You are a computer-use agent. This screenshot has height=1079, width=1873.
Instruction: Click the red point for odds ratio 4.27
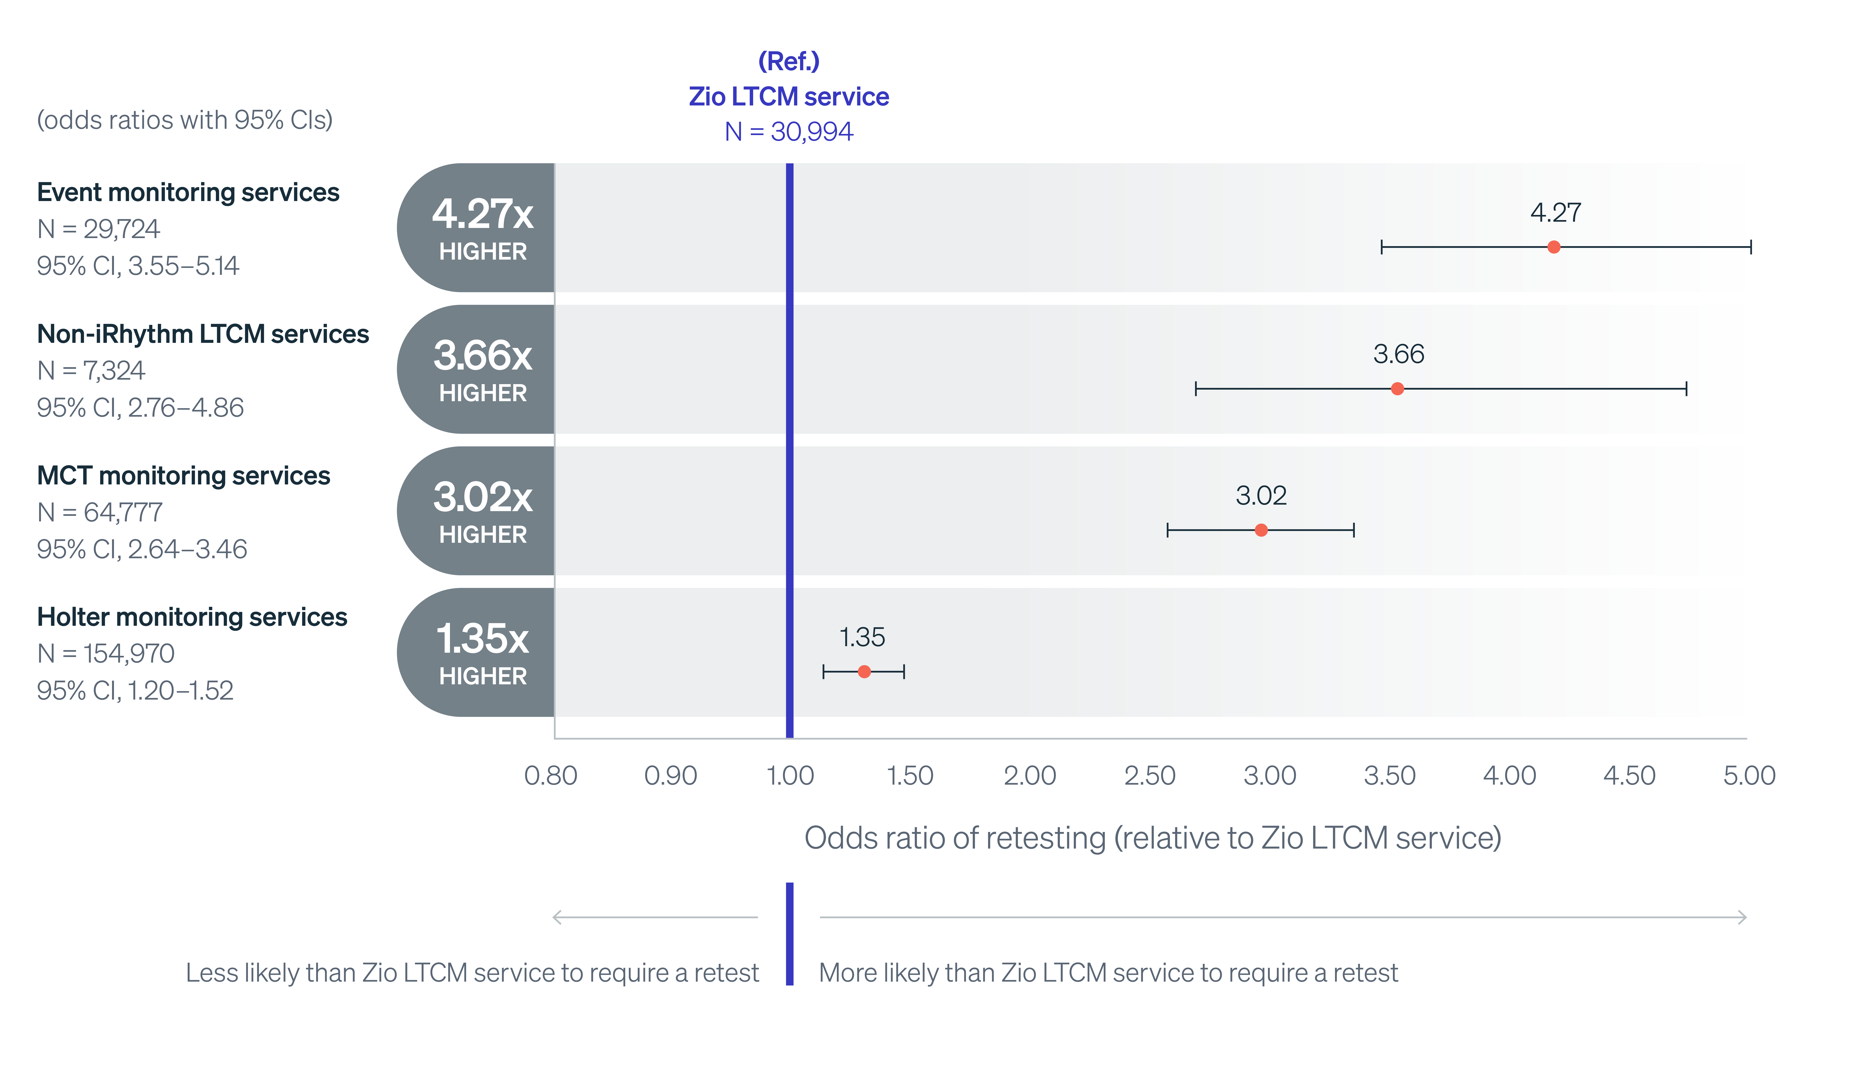pos(1554,247)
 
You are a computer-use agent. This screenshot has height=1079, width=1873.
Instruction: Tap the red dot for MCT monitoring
pos(1261,530)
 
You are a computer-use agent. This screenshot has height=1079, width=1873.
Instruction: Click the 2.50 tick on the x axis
pos(1150,775)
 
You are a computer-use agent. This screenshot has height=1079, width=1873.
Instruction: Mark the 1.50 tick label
pos(910,775)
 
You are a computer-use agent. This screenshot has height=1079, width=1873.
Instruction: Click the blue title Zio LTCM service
pos(789,96)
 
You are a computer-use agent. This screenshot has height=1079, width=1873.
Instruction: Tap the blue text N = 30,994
pos(789,131)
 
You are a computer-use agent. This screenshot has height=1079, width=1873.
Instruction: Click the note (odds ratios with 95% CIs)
pos(184,119)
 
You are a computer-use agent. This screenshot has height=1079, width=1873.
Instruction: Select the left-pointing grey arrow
pos(654,917)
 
